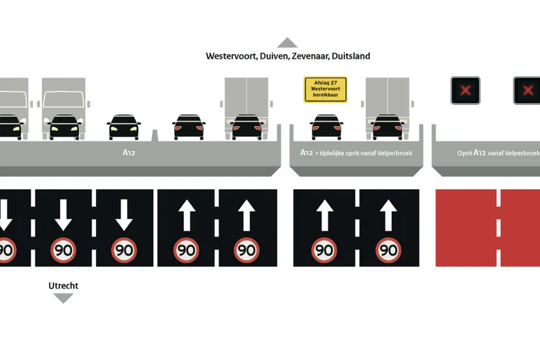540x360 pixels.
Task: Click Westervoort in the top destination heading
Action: pos(231,56)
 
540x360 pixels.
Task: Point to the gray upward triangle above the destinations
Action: pos(287,43)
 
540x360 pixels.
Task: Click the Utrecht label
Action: pos(63,286)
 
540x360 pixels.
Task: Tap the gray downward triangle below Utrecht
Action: pos(63,298)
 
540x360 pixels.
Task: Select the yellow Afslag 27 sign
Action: pos(325,90)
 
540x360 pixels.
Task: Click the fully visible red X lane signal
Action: pos(465,91)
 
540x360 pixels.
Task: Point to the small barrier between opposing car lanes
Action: pos(155,136)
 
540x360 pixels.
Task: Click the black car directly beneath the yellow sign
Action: pos(325,128)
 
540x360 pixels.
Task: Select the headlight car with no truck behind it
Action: pos(124,128)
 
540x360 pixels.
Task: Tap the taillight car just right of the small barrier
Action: pos(188,128)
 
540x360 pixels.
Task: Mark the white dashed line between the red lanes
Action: pos(498,228)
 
